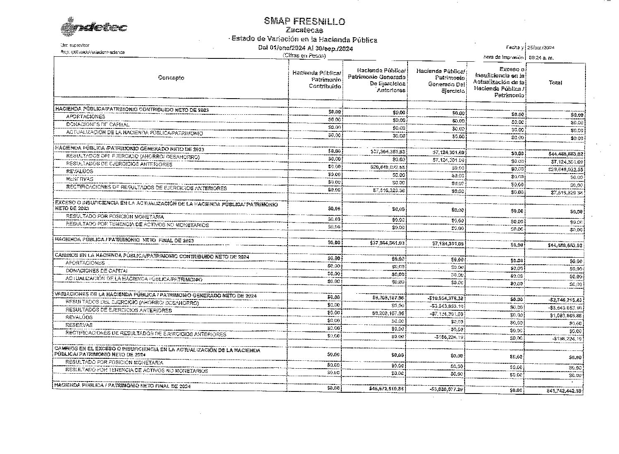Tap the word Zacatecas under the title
tap(305, 30)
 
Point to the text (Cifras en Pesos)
tap(304, 56)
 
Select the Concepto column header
tap(171, 78)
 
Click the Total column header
tap(555, 82)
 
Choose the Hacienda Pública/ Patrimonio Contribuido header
tap(317, 80)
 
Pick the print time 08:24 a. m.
tap(541, 58)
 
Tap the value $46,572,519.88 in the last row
tap(387, 389)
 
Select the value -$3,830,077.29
tap(447, 389)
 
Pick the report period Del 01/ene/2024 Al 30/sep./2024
tap(305, 48)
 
